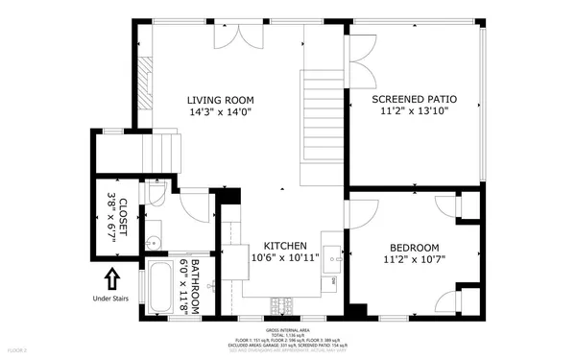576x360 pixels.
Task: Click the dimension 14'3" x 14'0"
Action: (219, 111)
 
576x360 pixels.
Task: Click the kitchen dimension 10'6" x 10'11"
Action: (284, 258)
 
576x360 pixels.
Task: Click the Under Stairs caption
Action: (111, 299)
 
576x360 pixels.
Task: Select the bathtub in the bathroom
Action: (159, 290)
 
